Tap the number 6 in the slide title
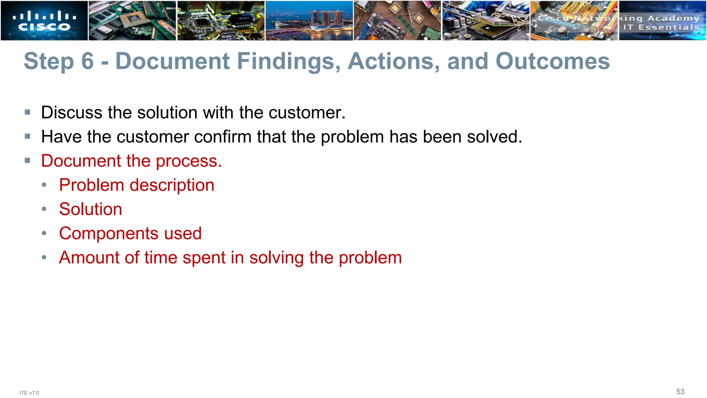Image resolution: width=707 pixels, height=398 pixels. pyautogui.click(x=87, y=61)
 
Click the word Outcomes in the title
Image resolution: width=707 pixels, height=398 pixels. pyautogui.click(x=552, y=61)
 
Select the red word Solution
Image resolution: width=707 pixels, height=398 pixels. pyautogui.click(x=90, y=209)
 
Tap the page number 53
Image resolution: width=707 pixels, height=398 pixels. pyautogui.click(x=680, y=392)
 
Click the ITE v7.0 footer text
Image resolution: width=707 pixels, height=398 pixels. pyautogui.click(x=29, y=393)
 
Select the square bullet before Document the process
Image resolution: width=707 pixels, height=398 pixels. pyautogui.click(x=28, y=160)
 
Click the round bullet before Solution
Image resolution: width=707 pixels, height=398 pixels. pyautogui.click(x=44, y=209)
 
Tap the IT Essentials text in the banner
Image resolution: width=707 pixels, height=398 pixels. pyautogui.click(x=661, y=27)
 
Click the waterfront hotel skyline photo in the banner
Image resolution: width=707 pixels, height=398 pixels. pyautogui.click(x=309, y=21)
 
